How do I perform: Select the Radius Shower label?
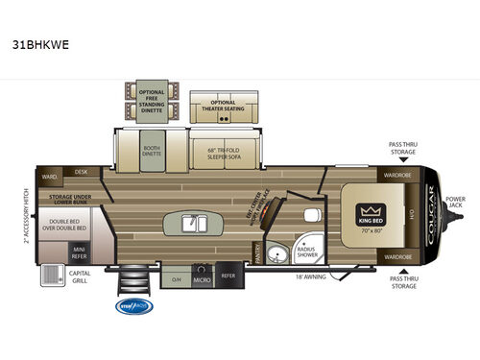coord(307,250)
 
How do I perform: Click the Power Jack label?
coord(456,204)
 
